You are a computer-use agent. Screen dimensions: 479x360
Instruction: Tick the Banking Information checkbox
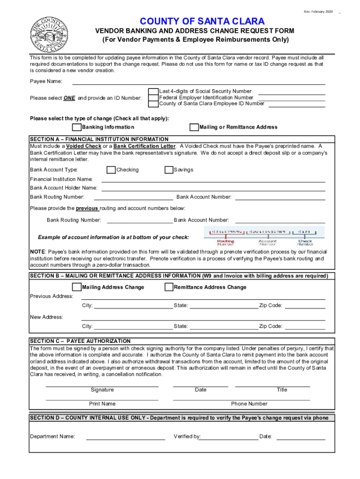76,127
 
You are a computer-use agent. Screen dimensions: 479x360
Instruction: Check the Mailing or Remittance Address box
194,127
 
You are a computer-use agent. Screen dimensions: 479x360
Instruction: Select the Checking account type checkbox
111,170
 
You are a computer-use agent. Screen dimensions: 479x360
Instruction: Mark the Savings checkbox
169,170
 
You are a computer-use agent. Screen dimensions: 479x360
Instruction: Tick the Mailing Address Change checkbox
76,287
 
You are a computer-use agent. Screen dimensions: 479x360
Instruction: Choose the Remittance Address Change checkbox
169,287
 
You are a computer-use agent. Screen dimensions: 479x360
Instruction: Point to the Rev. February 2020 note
318,11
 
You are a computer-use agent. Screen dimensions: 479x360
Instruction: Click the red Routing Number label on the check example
226,243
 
